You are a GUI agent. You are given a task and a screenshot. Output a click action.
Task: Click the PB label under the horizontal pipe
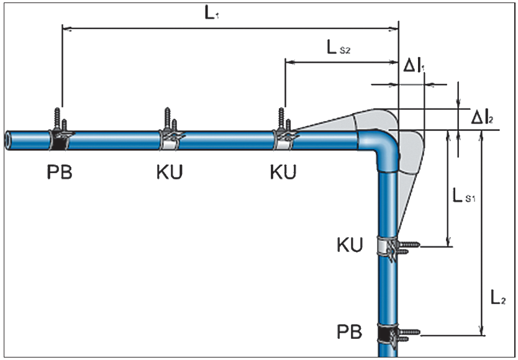coord(60,172)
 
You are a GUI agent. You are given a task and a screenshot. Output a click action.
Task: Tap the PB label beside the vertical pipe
coord(350,331)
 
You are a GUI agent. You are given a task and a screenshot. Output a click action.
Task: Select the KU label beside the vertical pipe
coord(350,244)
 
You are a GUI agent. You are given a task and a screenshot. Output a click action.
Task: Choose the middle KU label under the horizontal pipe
coord(170,172)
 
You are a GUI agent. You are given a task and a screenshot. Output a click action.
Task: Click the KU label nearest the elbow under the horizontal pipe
coord(283,172)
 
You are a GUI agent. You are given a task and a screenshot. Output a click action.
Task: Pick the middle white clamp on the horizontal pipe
coord(170,140)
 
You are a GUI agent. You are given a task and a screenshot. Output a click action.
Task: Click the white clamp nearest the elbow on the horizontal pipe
coord(284,140)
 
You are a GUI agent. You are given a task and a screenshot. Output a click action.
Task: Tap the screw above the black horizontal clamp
coord(60,117)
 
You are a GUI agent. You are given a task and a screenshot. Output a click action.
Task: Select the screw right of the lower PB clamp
coord(409,334)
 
